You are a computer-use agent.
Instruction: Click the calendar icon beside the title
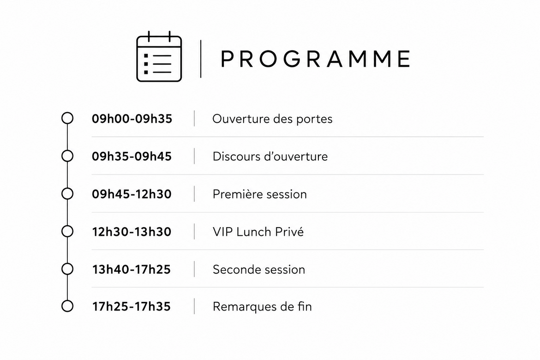(x=159, y=56)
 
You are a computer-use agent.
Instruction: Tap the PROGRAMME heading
(x=315, y=59)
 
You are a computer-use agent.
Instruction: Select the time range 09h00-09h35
(x=132, y=119)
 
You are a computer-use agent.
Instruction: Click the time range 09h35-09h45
(x=132, y=156)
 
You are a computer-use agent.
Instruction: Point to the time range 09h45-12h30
(x=132, y=194)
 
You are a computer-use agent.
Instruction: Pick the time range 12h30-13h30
(x=132, y=232)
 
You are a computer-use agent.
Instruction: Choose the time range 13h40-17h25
(x=131, y=270)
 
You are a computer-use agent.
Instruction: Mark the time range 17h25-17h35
(x=131, y=306)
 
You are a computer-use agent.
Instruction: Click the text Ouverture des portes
(x=272, y=119)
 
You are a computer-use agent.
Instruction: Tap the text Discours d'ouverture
(x=270, y=157)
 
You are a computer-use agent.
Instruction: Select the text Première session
(x=260, y=194)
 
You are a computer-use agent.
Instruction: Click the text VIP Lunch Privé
(x=258, y=232)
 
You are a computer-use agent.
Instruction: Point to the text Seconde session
(x=259, y=270)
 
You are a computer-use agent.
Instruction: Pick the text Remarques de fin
(x=262, y=306)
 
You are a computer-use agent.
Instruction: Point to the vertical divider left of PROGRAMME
(x=201, y=59)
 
